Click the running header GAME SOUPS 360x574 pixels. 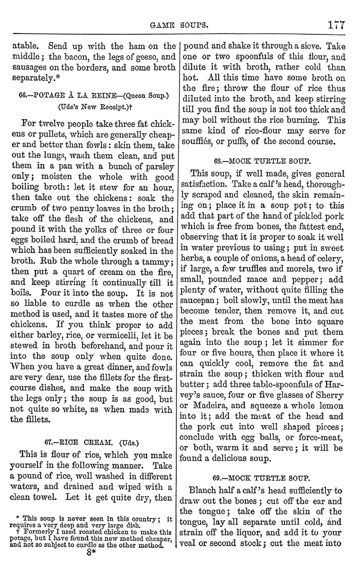pos(178,24)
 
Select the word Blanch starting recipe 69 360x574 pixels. pos(206,490)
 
